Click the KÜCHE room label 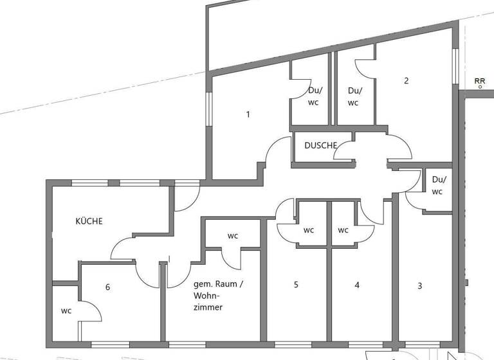tap(89, 221)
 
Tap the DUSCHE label tap(321, 146)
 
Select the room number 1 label tap(248, 115)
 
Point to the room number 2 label tap(406, 81)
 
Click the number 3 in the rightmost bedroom tap(420, 286)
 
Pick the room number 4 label tap(357, 285)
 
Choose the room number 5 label tap(296, 285)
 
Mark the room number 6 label tap(107, 287)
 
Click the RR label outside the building tap(479, 82)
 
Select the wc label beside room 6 tap(66, 311)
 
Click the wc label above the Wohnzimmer tap(233, 236)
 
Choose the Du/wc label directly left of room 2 tap(354, 96)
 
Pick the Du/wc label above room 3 tap(438, 185)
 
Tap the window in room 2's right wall tap(455, 67)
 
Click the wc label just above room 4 tap(343, 230)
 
